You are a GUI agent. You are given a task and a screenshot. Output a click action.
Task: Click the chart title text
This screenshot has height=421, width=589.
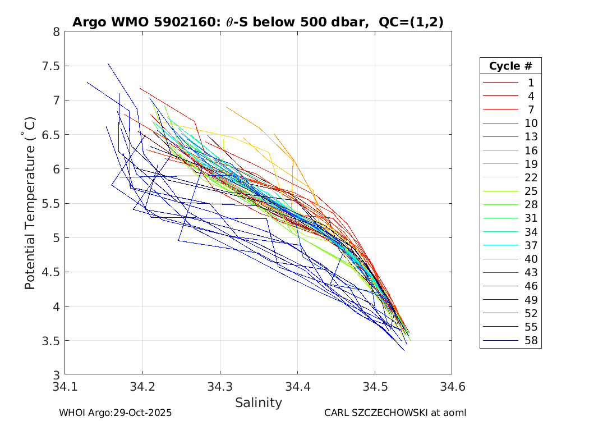(x=258, y=22)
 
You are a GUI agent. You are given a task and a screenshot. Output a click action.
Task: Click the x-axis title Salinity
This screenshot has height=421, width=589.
(x=258, y=402)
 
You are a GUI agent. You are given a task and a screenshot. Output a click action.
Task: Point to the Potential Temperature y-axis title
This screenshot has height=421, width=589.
(x=30, y=203)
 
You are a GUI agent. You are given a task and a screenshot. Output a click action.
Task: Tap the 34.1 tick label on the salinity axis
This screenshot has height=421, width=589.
(x=65, y=387)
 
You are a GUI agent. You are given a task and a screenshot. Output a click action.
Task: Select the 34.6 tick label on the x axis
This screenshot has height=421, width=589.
(x=452, y=387)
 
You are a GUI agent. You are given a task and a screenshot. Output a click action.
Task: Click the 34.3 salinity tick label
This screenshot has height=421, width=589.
(x=220, y=387)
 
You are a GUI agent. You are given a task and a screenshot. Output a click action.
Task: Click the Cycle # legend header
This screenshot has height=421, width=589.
(x=510, y=66)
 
